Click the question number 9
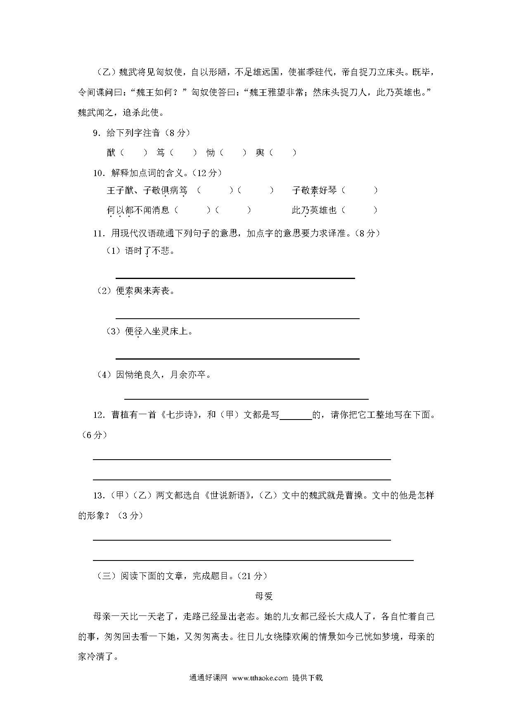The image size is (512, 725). [x=96, y=133]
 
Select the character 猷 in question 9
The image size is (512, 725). [x=111, y=153]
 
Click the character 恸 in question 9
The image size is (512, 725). [x=211, y=153]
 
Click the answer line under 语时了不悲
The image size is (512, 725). [x=235, y=278]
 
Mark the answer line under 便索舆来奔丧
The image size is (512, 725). [x=237, y=318]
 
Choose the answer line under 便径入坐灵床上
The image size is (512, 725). [x=237, y=358]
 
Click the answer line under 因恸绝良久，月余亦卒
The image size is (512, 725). [x=246, y=399]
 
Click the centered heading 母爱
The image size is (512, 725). [x=264, y=596]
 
